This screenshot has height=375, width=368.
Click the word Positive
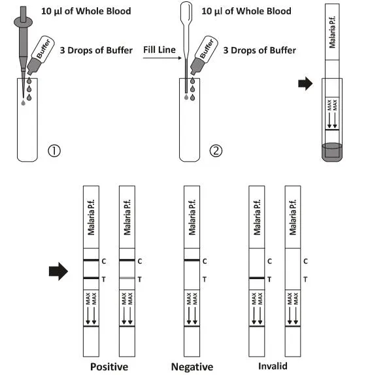(109, 367)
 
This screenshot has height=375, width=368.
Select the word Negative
(192, 367)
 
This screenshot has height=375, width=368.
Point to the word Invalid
(272, 367)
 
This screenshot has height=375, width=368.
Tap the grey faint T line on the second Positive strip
(127, 278)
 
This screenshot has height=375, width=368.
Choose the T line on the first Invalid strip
(257, 278)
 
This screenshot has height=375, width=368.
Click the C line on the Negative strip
(192, 261)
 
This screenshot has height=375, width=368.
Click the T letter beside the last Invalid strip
(305, 279)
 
